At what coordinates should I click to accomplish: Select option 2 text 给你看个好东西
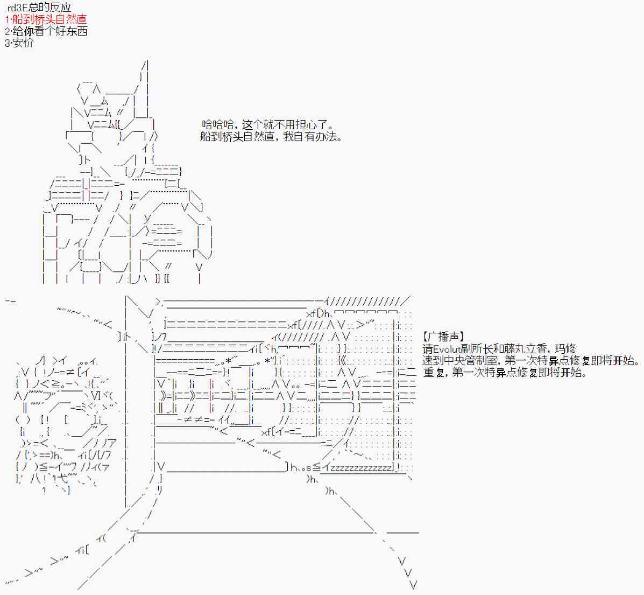46,31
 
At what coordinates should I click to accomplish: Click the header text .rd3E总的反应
37,8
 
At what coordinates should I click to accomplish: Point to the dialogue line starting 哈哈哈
268,125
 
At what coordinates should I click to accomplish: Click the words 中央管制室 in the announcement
473,361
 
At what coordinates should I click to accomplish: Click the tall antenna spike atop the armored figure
145,75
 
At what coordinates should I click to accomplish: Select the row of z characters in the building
360,468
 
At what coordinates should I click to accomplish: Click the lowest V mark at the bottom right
413,584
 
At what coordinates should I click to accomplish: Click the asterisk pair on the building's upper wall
253,361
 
